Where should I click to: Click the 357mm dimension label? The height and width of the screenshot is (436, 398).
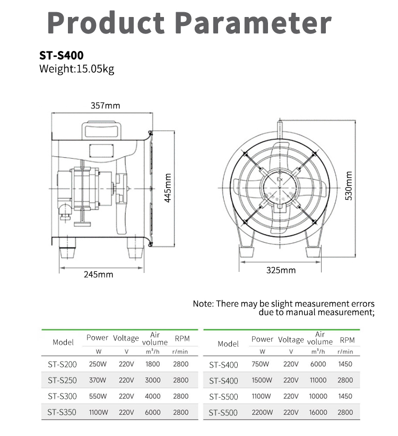tap(105, 106)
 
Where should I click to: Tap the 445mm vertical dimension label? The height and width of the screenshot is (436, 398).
tap(168, 188)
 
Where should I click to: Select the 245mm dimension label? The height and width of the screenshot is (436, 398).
tap(98, 275)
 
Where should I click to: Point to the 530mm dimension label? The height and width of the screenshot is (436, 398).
tap(349, 186)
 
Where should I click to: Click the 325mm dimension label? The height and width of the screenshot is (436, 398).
tap(281, 270)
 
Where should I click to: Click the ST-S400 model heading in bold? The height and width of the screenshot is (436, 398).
tap(61, 55)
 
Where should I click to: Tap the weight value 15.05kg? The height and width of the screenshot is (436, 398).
tap(95, 69)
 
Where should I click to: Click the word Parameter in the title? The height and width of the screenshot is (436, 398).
tap(253, 22)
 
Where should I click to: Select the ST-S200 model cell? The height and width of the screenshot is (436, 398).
tap(62, 364)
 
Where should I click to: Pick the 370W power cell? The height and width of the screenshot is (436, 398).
tap(98, 380)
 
